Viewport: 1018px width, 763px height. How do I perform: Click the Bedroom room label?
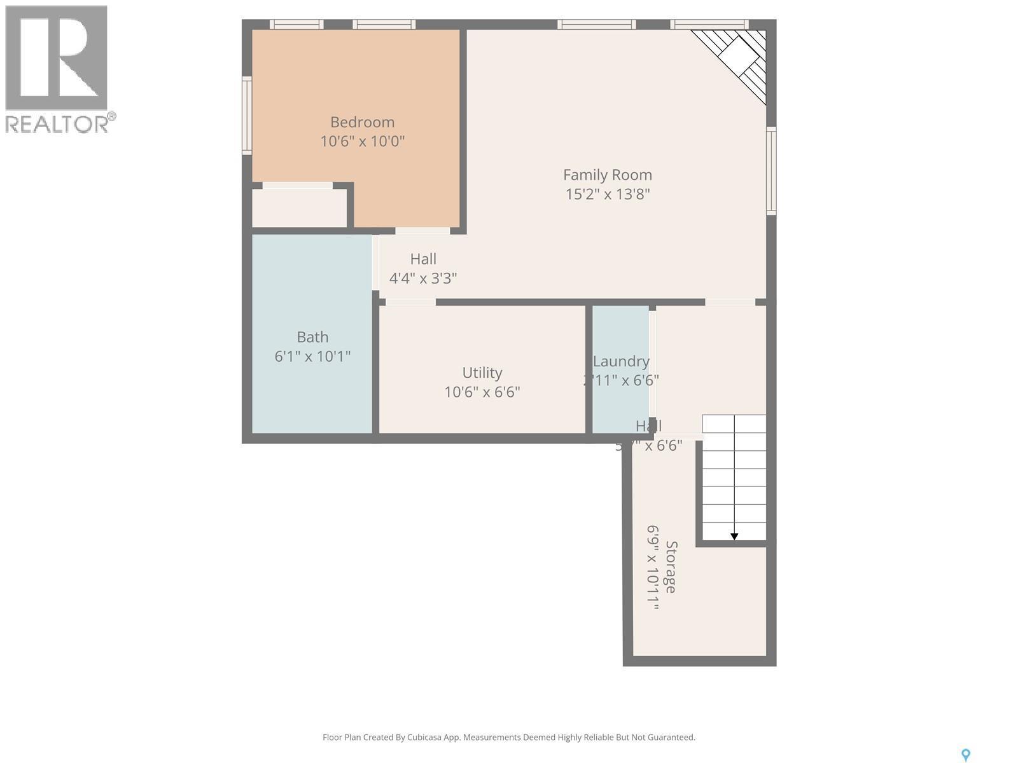coord(362,122)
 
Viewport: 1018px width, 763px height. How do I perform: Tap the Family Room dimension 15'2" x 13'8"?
coord(608,194)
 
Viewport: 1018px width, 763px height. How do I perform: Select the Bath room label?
coord(312,337)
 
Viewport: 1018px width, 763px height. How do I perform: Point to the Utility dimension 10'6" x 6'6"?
coord(482,392)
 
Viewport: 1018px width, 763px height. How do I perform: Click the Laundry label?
coord(621,361)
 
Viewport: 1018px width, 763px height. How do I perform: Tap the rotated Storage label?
coord(671,567)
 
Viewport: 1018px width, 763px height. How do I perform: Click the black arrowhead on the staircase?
coord(734,537)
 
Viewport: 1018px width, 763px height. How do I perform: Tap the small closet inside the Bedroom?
coord(299,207)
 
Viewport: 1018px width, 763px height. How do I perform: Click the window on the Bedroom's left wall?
coord(247,115)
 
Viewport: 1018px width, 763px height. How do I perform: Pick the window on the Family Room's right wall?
coord(771,170)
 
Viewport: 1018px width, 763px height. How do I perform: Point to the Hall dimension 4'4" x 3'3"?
coord(423,278)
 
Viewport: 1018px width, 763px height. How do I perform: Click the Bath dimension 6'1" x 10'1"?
coord(312,356)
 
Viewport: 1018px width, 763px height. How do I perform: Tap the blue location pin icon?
coord(965,755)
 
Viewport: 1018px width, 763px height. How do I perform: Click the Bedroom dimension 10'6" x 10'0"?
coord(362,141)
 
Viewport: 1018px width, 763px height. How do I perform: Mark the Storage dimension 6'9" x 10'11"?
coord(653,567)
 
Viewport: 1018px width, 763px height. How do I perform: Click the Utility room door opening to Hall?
coord(410,302)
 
